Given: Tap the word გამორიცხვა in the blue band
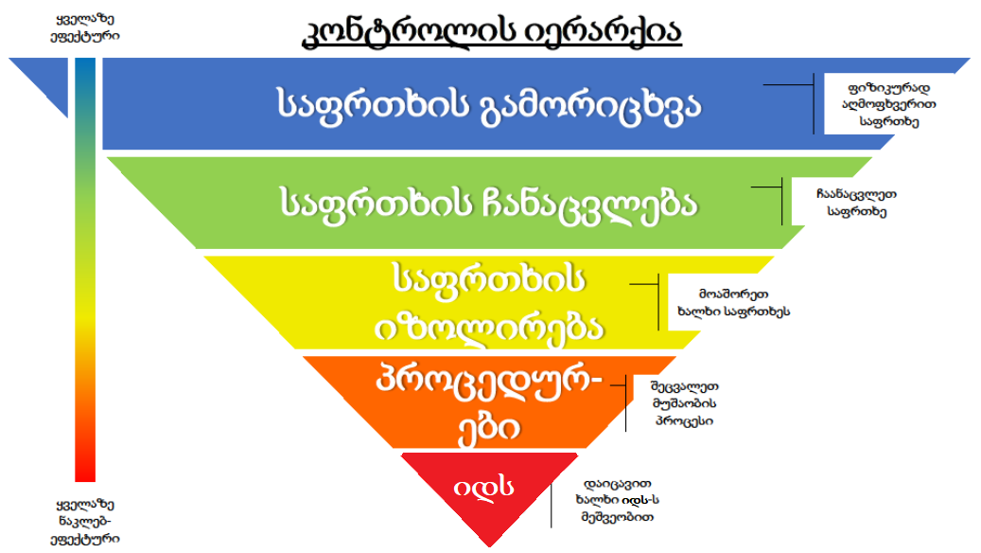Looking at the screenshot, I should (593, 104).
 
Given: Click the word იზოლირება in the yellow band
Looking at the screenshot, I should (490, 327).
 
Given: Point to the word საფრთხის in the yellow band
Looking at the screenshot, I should (489, 281).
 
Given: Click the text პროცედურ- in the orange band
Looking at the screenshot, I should (489, 386).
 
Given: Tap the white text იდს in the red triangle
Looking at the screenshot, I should (482, 488).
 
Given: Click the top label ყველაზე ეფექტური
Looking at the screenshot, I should (86, 27).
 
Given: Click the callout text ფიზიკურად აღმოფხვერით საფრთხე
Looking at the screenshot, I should (889, 103).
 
